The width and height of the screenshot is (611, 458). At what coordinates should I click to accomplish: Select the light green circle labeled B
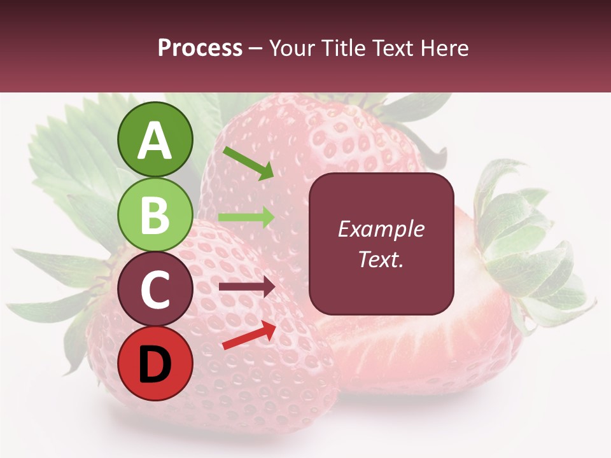155,215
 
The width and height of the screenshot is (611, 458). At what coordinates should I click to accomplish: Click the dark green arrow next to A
249,163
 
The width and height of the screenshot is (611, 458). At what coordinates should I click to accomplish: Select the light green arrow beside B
246,217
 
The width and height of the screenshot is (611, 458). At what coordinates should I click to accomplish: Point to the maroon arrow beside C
246,287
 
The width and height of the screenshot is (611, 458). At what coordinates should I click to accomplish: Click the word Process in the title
200,48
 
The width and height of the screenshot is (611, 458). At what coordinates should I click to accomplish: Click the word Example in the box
381,229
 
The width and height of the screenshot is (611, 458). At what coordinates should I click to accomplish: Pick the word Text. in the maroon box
381,260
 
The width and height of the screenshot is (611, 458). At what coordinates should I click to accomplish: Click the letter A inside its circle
155,141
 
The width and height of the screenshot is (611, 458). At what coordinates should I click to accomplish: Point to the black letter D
155,365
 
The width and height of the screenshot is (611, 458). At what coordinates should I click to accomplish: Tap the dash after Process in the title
256,49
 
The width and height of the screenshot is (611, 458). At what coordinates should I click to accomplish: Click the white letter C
155,291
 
